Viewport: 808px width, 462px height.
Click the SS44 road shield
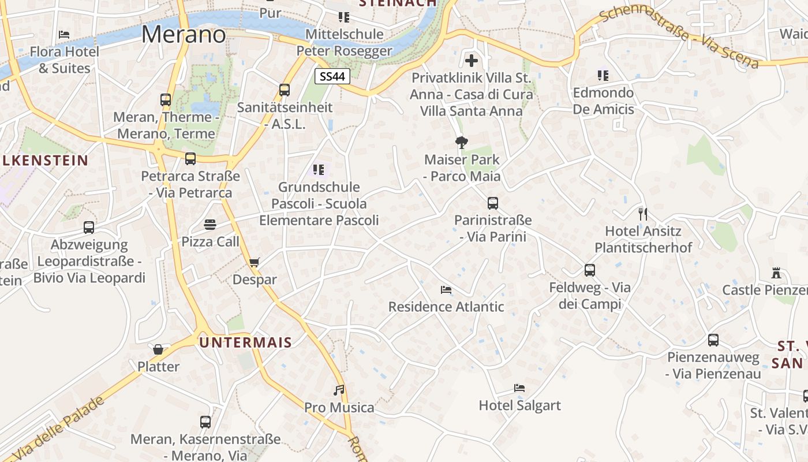[x=333, y=76]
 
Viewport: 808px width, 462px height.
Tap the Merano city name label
[x=184, y=35]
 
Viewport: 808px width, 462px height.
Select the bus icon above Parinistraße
[x=492, y=203]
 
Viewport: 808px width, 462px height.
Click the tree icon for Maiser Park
[x=461, y=142]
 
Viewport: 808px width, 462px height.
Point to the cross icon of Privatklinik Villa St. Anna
[x=472, y=60]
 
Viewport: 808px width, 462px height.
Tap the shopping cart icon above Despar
[x=254, y=263]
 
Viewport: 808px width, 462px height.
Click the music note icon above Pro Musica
[x=339, y=390]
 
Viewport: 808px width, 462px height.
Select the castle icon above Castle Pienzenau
[x=776, y=273]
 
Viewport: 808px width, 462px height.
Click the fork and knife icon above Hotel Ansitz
[x=643, y=214]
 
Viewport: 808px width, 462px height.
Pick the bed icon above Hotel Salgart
[x=519, y=389]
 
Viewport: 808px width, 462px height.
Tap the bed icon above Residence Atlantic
[x=446, y=290]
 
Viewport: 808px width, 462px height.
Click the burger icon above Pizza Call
[x=210, y=225]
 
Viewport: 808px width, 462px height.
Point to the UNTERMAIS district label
[x=246, y=342]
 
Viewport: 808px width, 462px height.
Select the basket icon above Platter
[x=158, y=349]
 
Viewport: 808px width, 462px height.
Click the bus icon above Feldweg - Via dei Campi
[x=589, y=270]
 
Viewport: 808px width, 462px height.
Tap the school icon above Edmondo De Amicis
[x=603, y=76]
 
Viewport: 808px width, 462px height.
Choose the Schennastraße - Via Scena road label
[x=679, y=38]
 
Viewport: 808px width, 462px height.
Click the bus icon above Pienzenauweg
[x=713, y=340]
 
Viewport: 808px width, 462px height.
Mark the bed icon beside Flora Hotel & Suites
[x=64, y=35]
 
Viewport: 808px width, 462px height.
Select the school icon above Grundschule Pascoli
[x=319, y=170]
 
